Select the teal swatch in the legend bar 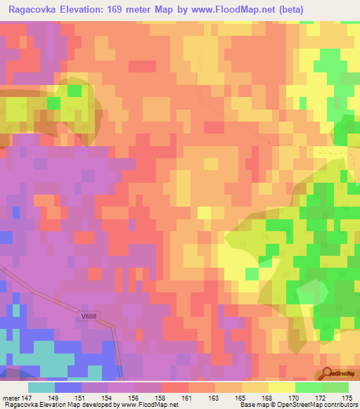point(41,387)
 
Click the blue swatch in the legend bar point(68,387)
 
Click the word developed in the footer point(79,405)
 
